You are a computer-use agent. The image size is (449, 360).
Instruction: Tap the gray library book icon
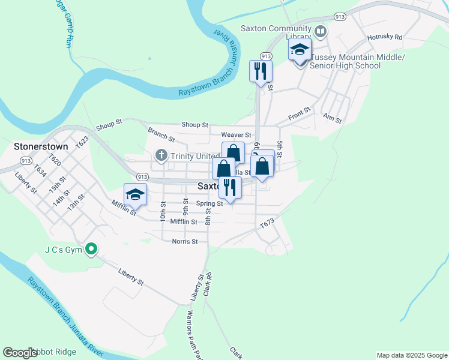(x=321, y=30)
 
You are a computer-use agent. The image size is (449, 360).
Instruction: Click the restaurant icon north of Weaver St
(x=261, y=71)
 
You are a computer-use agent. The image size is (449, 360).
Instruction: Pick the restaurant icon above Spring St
(x=229, y=187)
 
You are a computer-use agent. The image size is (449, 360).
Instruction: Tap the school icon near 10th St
(x=136, y=195)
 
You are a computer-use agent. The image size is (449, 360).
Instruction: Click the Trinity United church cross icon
(x=161, y=156)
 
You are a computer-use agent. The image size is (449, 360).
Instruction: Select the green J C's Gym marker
(x=91, y=248)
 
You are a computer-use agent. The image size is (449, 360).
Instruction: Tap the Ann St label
(x=332, y=118)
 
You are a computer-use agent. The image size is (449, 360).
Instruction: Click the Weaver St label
(x=235, y=136)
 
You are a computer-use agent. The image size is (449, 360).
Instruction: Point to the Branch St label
(x=161, y=134)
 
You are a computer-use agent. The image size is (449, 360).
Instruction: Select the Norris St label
(x=185, y=242)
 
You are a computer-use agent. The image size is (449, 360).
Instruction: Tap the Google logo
(x=20, y=353)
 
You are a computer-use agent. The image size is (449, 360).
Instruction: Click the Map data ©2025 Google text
(x=411, y=355)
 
